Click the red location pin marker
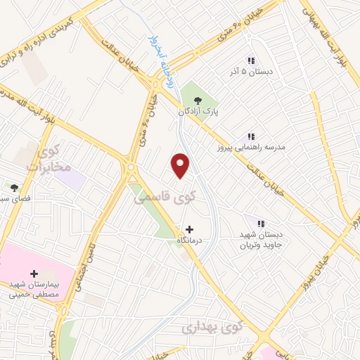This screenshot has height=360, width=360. coord(181,165)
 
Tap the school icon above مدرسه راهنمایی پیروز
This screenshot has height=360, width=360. coord(250,136)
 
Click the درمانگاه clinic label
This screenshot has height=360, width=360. coord(189,240)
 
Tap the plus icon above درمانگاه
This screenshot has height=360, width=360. coord(189,229)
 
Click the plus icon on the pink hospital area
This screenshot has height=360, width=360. coord(34,274)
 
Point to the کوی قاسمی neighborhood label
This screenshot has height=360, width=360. coord(165,199)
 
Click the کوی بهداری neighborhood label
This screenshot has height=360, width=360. coord(211,328)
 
